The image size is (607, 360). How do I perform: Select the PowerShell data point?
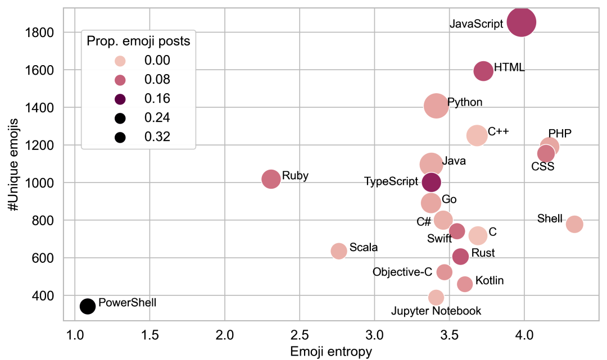[x=88, y=306]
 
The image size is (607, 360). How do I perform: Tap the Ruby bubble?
[x=271, y=179]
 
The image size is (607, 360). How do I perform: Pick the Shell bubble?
[x=574, y=224]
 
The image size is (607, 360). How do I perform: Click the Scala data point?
[x=339, y=251]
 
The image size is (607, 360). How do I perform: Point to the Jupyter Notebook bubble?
[x=436, y=297]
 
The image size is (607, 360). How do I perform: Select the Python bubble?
[x=436, y=106]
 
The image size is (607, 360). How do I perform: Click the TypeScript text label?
[x=392, y=181]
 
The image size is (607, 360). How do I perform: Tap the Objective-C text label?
[x=402, y=272]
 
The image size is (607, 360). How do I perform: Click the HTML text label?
[x=509, y=68]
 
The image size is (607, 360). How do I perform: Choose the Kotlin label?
[x=490, y=281]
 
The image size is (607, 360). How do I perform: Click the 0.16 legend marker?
[x=120, y=99]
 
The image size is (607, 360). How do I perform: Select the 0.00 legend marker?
[x=120, y=61]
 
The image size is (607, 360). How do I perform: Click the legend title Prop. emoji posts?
[x=138, y=41]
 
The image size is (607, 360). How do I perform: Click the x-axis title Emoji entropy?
[x=330, y=352]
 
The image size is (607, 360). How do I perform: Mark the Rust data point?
[x=460, y=256]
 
